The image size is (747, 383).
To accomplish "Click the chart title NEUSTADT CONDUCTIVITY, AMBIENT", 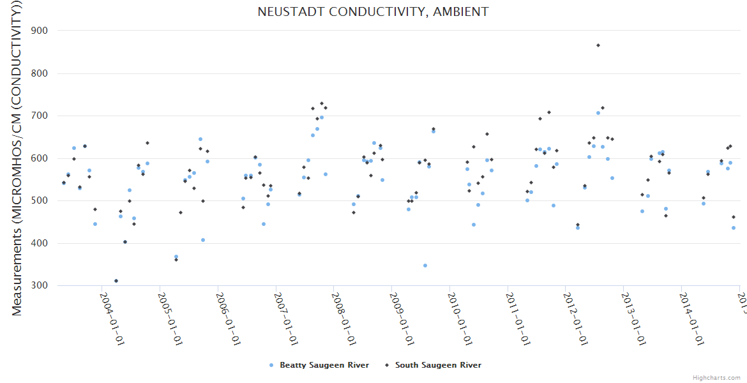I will [x=373, y=12].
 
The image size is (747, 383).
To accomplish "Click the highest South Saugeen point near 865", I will [x=598, y=45].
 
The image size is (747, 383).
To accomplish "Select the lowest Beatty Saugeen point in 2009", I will [x=425, y=266].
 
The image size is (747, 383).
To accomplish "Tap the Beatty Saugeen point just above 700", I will [x=598, y=113].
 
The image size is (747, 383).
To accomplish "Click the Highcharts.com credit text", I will [x=717, y=378].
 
